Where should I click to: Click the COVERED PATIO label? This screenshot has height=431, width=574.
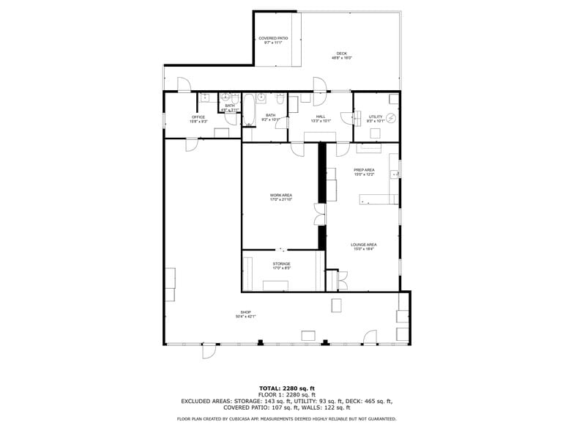click(x=273, y=38)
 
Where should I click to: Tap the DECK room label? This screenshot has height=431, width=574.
click(x=342, y=54)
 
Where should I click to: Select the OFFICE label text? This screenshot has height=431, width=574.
click(x=198, y=117)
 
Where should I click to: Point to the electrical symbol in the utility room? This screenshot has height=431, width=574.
click(x=391, y=117)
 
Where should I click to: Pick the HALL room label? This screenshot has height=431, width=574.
click(x=321, y=117)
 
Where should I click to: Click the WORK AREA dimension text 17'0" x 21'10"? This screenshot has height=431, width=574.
click(x=281, y=199)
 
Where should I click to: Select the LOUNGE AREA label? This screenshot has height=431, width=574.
click(x=363, y=245)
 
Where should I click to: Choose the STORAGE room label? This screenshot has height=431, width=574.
click(x=282, y=264)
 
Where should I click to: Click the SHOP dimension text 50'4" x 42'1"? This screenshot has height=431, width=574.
click(x=245, y=317)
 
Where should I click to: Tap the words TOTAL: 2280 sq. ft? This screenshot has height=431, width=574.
click(x=287, y=388)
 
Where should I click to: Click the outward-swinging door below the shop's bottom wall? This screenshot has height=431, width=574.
click(x=209, y=351)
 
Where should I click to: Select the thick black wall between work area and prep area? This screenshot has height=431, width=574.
click(x=321, y=173)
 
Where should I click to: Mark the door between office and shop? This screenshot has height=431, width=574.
click(x=192, y=144)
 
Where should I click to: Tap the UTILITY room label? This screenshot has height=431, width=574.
click(x=376, y=117)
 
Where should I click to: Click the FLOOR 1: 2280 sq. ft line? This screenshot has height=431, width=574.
click(x=287, y=394)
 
